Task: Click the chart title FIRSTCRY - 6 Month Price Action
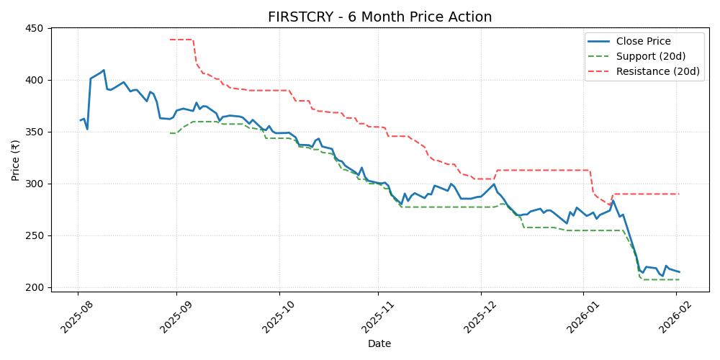coord(379,17)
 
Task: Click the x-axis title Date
coord(379,344)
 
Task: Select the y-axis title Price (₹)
coord(15,160)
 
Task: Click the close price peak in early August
coord(104,70)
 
